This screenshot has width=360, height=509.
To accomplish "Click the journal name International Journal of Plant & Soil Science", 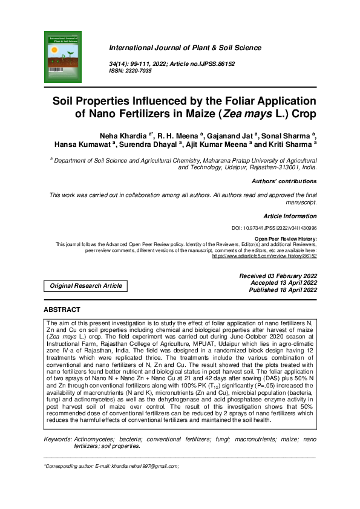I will coord(185,48).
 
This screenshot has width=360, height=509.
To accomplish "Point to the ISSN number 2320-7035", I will coord(137,71).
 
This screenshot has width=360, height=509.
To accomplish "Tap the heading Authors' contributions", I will coord(284,181).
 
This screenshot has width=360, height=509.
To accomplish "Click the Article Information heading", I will coord(290,216).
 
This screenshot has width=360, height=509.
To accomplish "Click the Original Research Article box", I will coord(85,285).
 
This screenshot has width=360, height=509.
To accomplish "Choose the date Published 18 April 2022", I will coord(283,291).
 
